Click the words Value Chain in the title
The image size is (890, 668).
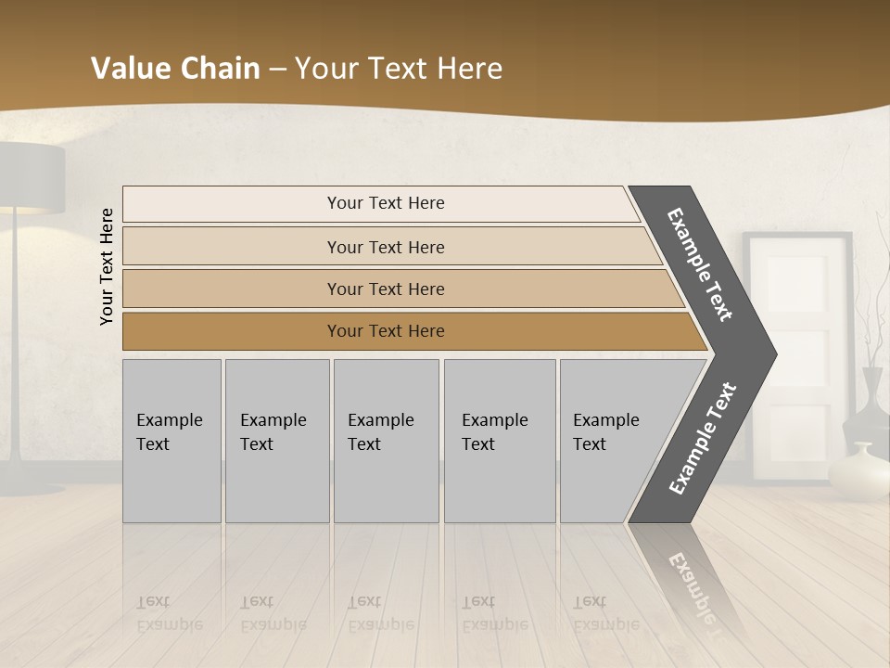click(x=175, y=69)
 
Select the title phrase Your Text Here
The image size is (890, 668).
click(x=399, y=69)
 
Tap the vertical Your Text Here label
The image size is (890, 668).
click(x=107, y=266)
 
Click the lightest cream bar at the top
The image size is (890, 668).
click(x=385, y=203)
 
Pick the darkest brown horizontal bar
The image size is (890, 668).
click(x=385, y=331)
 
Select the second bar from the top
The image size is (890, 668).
click(x=385, y=247)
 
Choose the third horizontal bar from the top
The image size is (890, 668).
click(x=385, y=289)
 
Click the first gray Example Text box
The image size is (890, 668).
click(x=172, y=441)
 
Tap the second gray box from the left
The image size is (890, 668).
click(x=276, y=441)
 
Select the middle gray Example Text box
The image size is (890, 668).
click(x=386, y=441)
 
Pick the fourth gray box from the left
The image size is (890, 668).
click(x=499, y=441)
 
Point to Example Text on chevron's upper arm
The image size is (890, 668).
click(x=700, y=264)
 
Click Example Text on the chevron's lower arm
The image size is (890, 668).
click(x=703, y=439)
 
